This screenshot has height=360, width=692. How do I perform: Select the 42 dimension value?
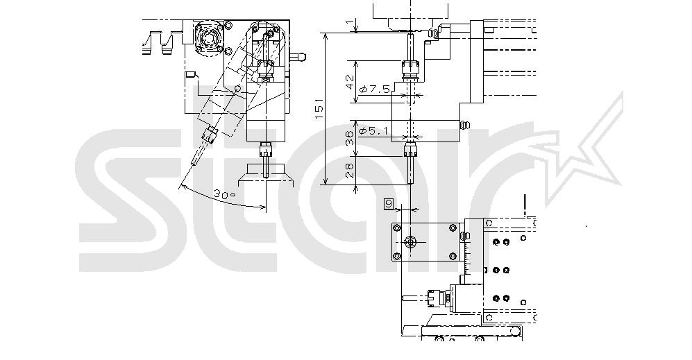tap(350, 82)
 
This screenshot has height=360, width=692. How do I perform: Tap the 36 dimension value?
tap(350, 138)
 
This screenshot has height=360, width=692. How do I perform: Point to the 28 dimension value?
tap(350, 171)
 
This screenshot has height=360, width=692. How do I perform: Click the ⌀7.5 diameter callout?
tap(375, 89)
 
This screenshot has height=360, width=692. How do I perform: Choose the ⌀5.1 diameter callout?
tap(373, 130)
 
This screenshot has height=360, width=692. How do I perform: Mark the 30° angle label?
tap(225, 194)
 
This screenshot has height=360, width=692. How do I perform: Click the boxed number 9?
tap(389, 204)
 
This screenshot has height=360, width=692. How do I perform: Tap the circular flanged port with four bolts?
tap(208, 39)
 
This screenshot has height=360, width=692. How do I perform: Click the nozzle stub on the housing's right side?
tap(298, 56)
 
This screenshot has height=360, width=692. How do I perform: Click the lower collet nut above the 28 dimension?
tap(410, 151)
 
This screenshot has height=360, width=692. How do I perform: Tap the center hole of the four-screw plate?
tap(410, 242)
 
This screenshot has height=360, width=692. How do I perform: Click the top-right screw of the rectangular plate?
tap(453, 228)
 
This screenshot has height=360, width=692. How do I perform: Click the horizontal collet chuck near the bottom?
tap(437, 298)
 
